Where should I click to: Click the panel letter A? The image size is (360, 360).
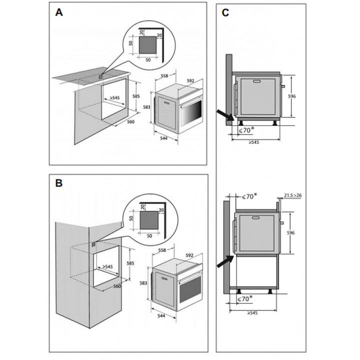(59, 13)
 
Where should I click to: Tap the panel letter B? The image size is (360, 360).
(59, 183)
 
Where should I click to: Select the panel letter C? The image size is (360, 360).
(225, 13)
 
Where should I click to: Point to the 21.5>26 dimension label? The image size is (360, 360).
(292, 195)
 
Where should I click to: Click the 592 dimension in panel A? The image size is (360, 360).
(190, 80)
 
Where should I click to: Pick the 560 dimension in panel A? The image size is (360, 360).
(131, 121)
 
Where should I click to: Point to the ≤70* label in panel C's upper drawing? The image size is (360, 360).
(245, 130)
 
